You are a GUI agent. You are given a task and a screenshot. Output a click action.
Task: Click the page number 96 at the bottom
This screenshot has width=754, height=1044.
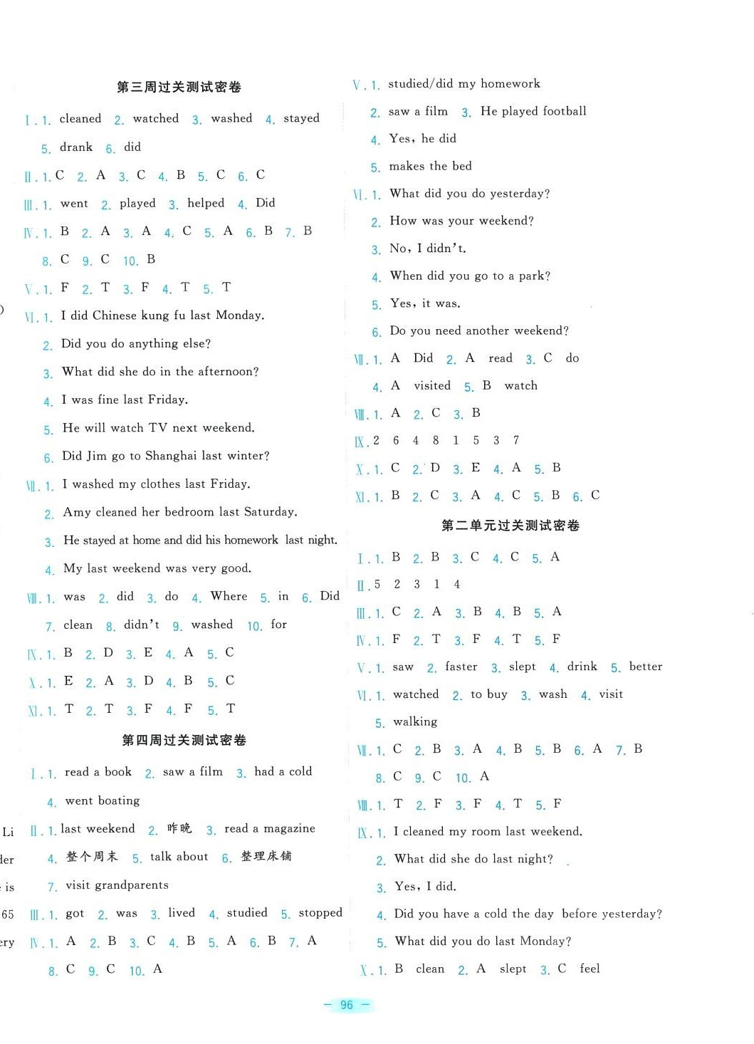point(347,1005)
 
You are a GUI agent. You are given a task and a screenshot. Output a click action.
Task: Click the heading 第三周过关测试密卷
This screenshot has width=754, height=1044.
point(179,87)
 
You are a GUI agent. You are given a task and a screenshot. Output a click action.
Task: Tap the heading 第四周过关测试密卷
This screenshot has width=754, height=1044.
point(184,740)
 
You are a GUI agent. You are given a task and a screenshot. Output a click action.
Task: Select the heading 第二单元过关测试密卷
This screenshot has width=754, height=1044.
point(510,525)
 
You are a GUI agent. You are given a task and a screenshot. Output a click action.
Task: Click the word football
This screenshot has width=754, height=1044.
point(562,111)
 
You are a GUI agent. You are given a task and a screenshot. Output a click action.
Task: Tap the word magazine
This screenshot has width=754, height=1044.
point(289,828)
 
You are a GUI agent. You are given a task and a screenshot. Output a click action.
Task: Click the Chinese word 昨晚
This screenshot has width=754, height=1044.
point(179,828)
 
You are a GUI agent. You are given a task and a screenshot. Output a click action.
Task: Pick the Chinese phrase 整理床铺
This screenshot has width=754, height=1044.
point(266,856)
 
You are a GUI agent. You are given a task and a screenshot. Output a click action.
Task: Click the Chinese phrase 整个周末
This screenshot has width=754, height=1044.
point(92,857)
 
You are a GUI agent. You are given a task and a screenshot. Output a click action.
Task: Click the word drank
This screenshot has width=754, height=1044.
point(76,147)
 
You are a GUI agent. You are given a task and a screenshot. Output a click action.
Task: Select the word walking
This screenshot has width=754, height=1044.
point(415,721)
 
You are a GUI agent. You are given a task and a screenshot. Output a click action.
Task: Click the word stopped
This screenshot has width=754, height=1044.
point(320,913)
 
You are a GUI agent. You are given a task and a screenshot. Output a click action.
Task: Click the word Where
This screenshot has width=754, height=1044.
point(229,596)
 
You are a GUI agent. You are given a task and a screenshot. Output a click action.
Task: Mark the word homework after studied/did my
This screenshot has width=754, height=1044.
point(510,83)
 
